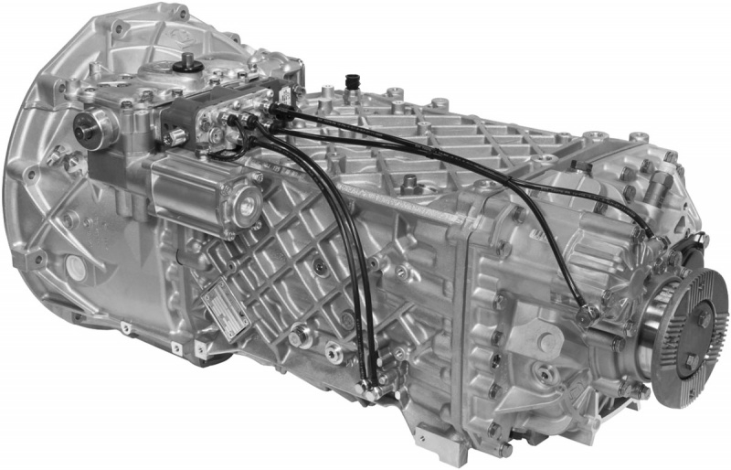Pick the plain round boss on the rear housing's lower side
tap(547, 344)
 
